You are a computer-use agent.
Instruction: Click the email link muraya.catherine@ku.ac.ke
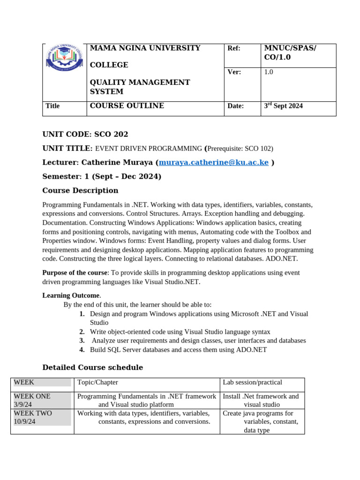pyautogui.click(x=214, y=163)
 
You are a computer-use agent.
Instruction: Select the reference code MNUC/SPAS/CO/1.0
pyautogui.click(x=290, y=52)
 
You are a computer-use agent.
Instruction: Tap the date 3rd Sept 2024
pyautogui.click(x=283, y=106)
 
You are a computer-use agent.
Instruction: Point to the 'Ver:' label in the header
pyautogui.click(x=234, y=72)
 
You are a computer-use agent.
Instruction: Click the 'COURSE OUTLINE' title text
pyautogui.click(x=127, y=106)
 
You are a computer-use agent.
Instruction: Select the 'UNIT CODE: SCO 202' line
pyautogui.click(x=85, y=135)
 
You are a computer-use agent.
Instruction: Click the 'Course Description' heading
pyautogui.click(x=80, y=191)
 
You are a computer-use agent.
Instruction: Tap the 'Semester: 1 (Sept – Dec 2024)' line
pyautogui.click(x=102, y=177)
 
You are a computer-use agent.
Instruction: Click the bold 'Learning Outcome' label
pyautogui.click(x=71, y=295)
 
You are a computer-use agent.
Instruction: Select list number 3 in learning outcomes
pyautogui.click(x=82, y=341)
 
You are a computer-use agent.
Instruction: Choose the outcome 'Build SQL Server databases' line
pyautogui.click(x=178, y=350)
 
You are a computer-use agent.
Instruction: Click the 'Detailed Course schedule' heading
pyautogui.click(x=92, y=367)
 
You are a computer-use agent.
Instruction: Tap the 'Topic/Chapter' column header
pyautogui.click(x=97, y=382)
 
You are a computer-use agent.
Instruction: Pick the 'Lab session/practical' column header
pyautogui.click(x=252, y=382)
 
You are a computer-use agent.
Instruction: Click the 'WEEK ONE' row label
pyautogui.click(x=32, y=396)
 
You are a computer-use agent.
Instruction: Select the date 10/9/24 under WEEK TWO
pyautogui.click(x=25, y=422)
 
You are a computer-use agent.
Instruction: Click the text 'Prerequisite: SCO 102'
pyautogui.click(x=239, y=149)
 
